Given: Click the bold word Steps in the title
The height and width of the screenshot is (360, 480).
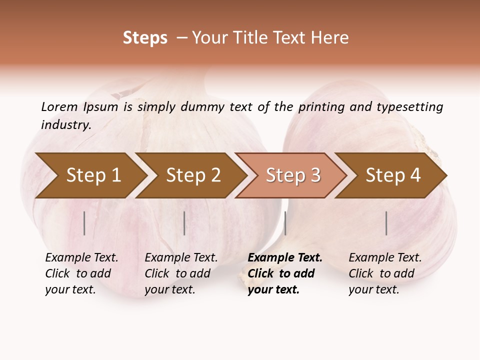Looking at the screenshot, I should click(145, 38).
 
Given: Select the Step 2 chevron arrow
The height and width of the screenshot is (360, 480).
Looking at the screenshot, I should click(192, 175).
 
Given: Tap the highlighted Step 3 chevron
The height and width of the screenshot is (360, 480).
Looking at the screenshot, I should click(292, 175).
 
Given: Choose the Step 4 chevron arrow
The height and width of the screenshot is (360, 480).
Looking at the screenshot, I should click(392, 175).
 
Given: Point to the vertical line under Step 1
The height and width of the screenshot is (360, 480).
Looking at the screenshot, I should click(84, 223).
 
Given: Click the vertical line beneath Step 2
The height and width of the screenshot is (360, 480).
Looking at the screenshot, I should click(184, 223).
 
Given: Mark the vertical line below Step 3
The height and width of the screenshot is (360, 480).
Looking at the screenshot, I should click(285, 223).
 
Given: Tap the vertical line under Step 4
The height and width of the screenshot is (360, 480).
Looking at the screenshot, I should click(386, 223).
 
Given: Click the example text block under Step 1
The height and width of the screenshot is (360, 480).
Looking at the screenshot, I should click(81, 273).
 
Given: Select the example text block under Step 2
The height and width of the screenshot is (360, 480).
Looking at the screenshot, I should click(181, 273).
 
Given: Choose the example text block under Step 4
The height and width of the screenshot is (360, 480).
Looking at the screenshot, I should click(385, 273).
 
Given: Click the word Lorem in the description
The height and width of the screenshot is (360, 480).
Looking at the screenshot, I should click(59, 106).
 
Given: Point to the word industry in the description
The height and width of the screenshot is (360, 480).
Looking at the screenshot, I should click(66, 125).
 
